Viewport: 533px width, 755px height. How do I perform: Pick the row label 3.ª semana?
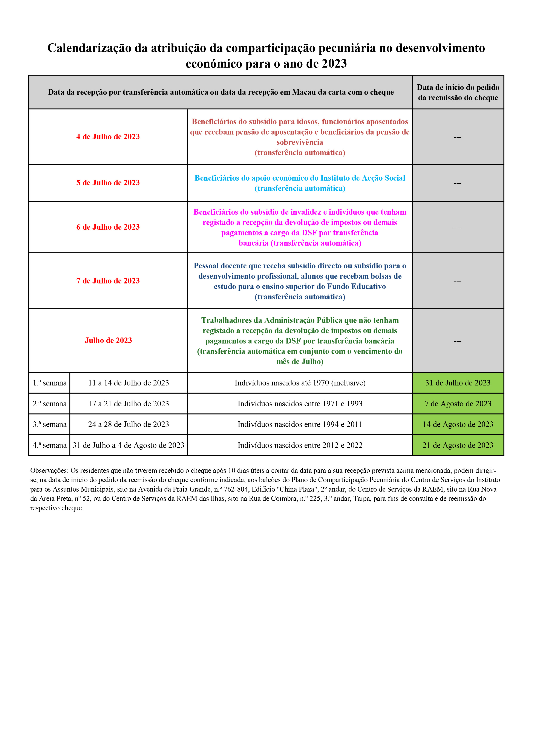[x=50, y=424]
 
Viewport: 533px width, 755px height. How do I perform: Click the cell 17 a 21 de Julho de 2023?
[x=128, y=404]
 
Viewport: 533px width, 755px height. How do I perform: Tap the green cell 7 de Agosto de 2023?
[x=458, y=404]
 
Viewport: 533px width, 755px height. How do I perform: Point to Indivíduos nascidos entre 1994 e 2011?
[x=300, y=424]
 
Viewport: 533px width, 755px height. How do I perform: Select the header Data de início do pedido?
[x=458, y=87]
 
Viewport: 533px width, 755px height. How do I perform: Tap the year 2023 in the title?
[x=334, y=63]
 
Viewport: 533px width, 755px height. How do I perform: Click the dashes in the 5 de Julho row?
[x=458, y=183]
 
